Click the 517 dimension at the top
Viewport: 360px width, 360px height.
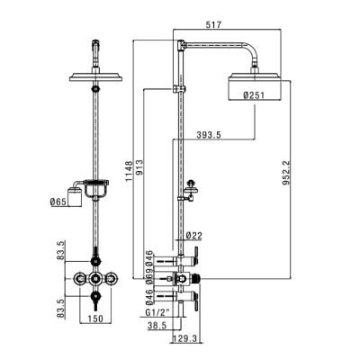[213, 24]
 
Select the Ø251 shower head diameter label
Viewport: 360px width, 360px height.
[254, 95]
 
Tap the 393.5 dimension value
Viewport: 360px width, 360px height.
[209, 135]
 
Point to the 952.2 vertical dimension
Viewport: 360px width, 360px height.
[286, 173]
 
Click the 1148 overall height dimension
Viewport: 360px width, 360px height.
[129, 171]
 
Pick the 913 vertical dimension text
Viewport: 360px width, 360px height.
[140, 167]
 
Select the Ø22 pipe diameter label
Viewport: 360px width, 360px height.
[194, 236]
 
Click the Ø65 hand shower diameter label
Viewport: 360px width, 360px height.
[58, 202]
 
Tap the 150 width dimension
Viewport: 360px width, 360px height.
[95, 319]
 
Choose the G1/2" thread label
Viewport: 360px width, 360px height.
[157, 312]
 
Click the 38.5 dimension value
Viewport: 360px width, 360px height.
[157, 326]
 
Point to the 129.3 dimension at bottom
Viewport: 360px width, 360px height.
[184, 339]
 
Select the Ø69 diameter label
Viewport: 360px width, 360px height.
[149, 275]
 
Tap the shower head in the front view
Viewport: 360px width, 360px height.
[95, 76]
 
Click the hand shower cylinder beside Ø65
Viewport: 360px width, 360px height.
[74, 197]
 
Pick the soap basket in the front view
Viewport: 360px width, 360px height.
[95, 189]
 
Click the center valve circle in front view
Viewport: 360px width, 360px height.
[95, 279]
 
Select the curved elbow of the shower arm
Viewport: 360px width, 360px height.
[250, 51]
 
